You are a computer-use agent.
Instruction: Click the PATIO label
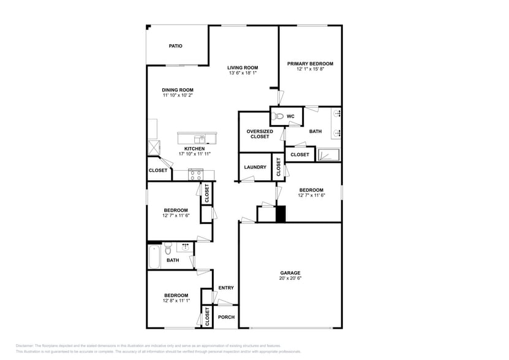click(x=176, y=46)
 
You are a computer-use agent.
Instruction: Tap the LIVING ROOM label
click(x=243, y=67)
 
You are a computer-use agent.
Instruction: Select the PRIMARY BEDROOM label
click(x=310, y=64)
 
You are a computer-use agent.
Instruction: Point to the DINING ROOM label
click(x=178, y=90)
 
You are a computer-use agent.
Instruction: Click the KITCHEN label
click(x=195, y=149)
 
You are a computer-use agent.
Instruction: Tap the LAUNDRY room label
click(x=255, y=167)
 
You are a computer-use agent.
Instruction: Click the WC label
click(x=290, y=116)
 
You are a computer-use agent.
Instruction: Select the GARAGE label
click(x=290, y=273)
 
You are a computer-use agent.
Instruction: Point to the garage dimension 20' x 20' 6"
click(x=290, y=279)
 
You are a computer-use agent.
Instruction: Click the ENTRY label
click(x=226, y=288)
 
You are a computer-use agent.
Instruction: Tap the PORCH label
click(x=227, y=317)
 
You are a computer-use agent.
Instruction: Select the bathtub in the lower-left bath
click(x=154, y=257)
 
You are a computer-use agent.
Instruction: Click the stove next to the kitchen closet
click(x=196, y=175)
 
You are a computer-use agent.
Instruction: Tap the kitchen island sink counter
click(x=197, y=138)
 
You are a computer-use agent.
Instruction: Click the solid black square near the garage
click(x=281, y=214)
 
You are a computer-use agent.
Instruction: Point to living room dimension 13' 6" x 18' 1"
click(x=243, y=73)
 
